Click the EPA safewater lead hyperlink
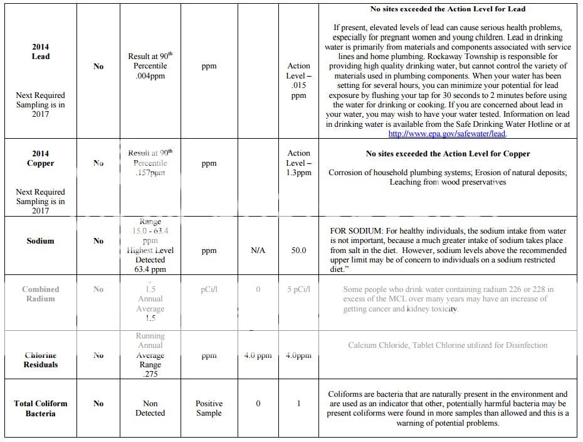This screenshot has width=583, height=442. pos(447,134)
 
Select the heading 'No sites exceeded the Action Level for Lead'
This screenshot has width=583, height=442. pos(448,9)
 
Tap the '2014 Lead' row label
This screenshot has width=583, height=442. pos(41,51)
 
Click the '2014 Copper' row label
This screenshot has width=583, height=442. pos(41,158)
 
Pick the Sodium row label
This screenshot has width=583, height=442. pos(41,241)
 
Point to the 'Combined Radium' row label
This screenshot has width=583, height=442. pos(41,294)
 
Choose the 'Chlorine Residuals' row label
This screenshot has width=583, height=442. pos(41,360)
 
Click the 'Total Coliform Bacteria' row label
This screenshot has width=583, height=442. pos(41,408)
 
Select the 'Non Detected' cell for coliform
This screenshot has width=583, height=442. pos(150,408)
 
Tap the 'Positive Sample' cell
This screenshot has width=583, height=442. pos(209,408)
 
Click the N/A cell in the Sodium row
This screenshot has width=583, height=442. pos(258,251)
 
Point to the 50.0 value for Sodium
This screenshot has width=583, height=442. pos(298,251)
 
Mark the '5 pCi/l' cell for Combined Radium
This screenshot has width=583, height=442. pos(298,289)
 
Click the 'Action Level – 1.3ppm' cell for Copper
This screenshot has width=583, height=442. pos(298,163)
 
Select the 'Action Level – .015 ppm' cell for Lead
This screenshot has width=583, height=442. pos(298,80)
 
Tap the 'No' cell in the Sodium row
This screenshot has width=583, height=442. pos(98,241)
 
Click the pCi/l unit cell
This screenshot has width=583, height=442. pos(209,289)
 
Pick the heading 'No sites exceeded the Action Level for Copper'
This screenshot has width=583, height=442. pos(448,154)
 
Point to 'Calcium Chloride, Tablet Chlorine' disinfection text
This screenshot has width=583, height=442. pos(448,345)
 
